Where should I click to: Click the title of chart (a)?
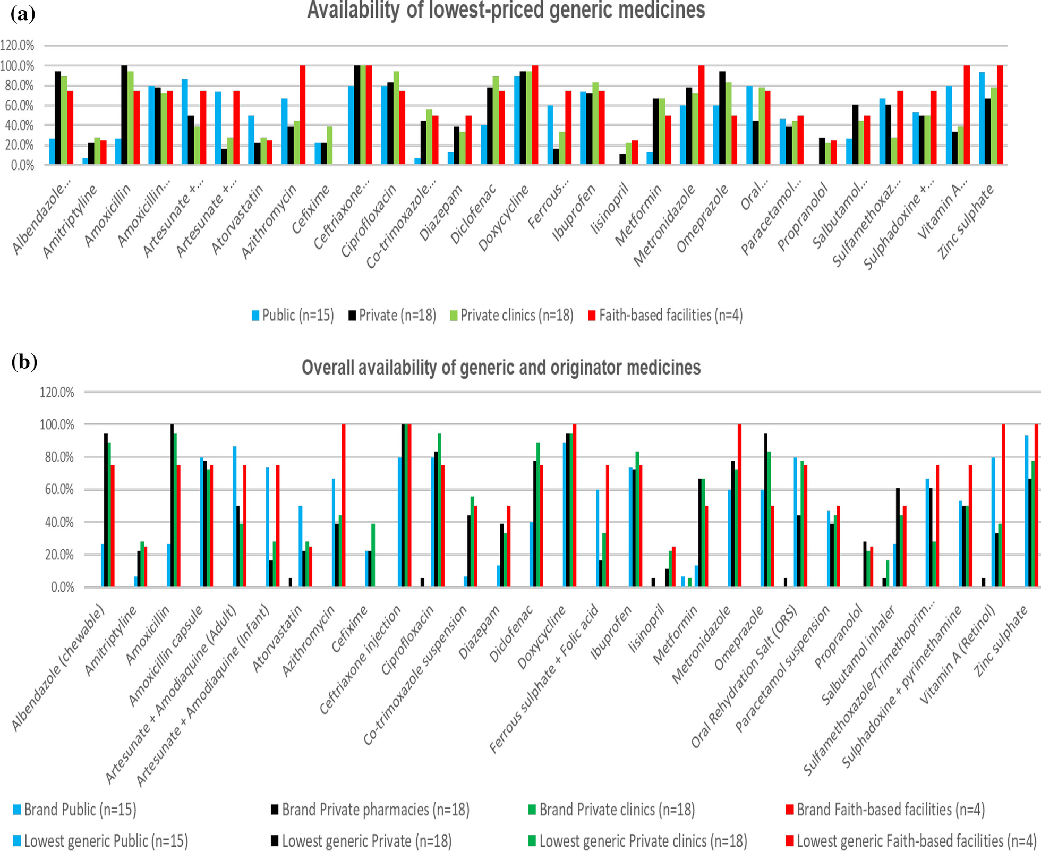pyautogui.click(x=506, y=11)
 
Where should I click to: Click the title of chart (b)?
pyautogui.click(x=501, y=368)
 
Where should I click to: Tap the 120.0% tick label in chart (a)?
pyautogui.click(x=17, y=46)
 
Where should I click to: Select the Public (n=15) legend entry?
pyautogui.click(x=293, y=316)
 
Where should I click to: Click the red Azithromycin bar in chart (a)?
pyautogui.click(x=303, y=115)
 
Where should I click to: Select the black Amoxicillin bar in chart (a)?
pyautogui.click(x=124, y=115)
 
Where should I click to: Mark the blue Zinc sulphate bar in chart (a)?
pyautogui.click(x=982, y=118)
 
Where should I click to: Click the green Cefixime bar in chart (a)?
pyautogui.click(x=330, y=145)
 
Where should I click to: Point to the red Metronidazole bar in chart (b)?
pyautogui.click(x=739, y=505)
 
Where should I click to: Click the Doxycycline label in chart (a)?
pyautogui.click(x=504, y=218)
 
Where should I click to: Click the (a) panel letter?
pyautogui.click(x=23, y=14)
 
